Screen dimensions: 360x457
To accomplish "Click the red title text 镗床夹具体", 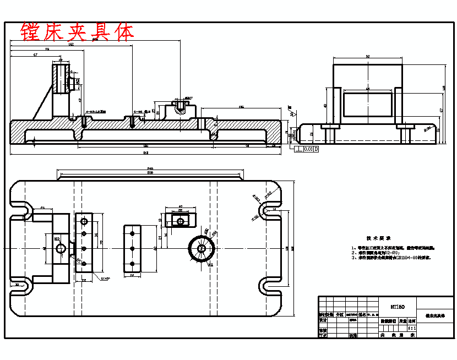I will point(77,32).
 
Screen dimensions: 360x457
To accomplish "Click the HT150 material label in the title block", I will point(398,307).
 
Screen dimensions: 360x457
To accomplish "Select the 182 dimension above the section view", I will point(72,45).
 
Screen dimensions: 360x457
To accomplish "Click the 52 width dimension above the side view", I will point(367,56).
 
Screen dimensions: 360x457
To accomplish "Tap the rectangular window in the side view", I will point(367,104).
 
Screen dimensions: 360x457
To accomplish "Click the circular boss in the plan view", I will point(202,248).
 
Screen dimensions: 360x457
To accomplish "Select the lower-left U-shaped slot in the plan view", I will point(21,286).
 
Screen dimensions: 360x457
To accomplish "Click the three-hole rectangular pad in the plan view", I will point(132,249).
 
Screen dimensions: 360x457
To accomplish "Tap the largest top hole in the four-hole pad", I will point(84,221).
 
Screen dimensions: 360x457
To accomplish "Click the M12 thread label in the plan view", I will point(57,238).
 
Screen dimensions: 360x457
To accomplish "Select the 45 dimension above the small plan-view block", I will point(180,208).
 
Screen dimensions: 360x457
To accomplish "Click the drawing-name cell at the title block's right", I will point(435,317).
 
